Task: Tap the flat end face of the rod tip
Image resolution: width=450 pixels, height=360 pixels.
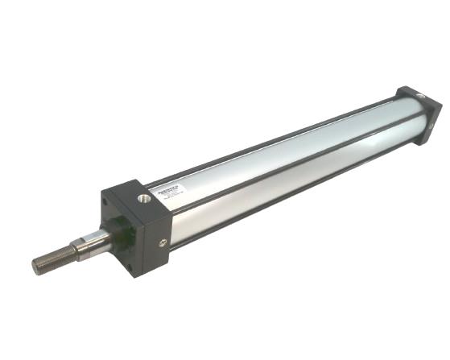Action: click(x=36, y=266)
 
